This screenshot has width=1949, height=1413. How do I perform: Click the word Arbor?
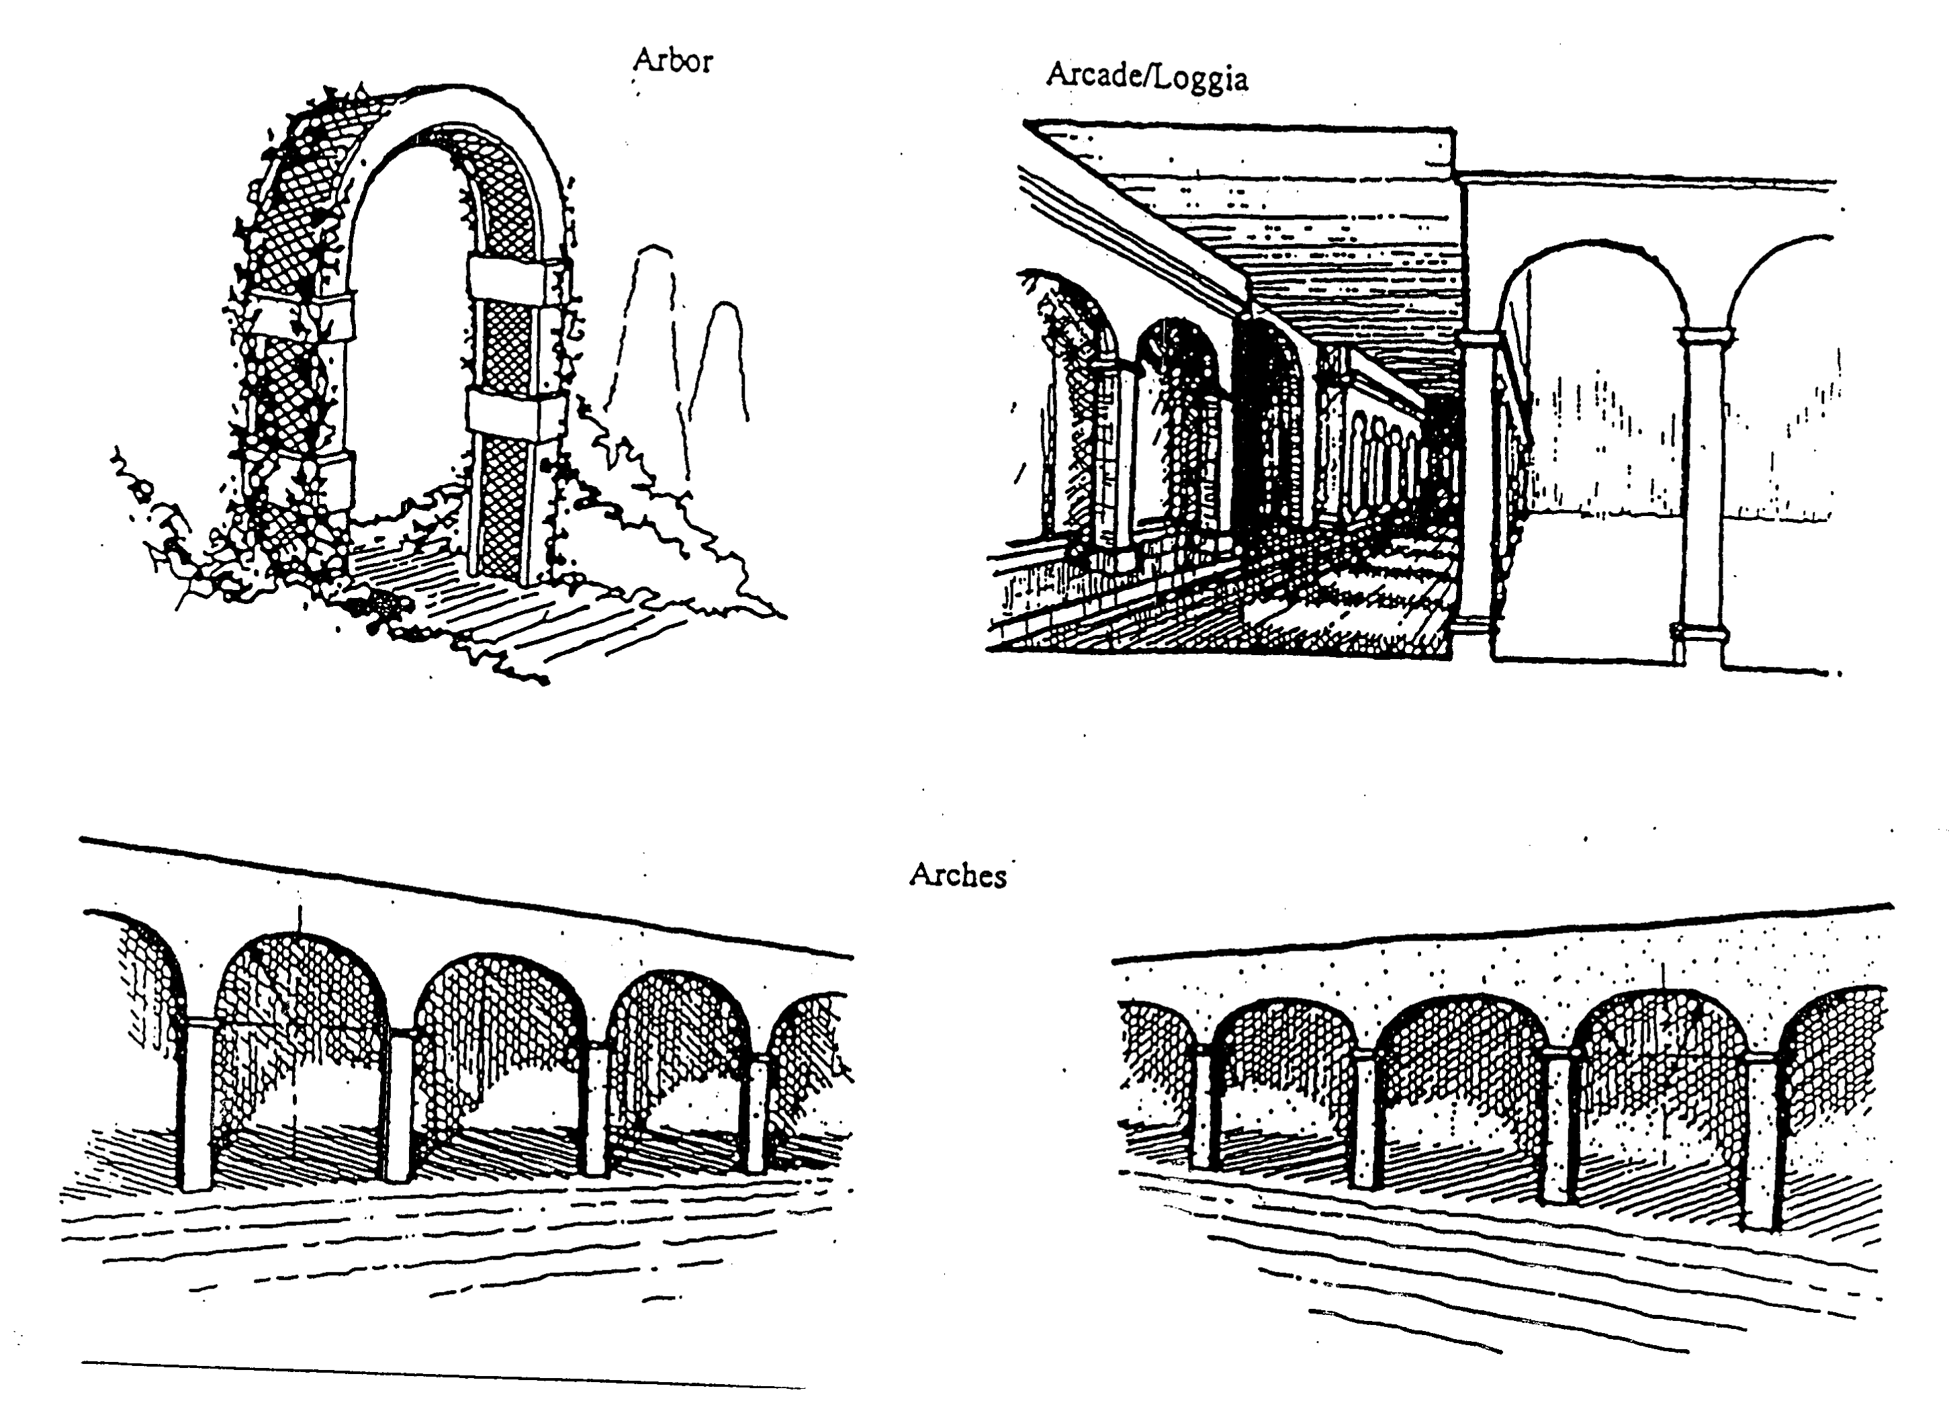(672, 60)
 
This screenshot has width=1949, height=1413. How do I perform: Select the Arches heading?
(957, 875)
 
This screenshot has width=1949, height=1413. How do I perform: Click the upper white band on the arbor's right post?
(507, 281)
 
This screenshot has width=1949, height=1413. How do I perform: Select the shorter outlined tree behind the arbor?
(726, 361)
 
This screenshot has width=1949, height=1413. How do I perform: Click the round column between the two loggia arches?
(1701, 490)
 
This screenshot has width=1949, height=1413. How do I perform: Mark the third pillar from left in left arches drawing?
(596, 1109)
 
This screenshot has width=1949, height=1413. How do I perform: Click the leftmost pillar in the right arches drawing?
(1202, 1109)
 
